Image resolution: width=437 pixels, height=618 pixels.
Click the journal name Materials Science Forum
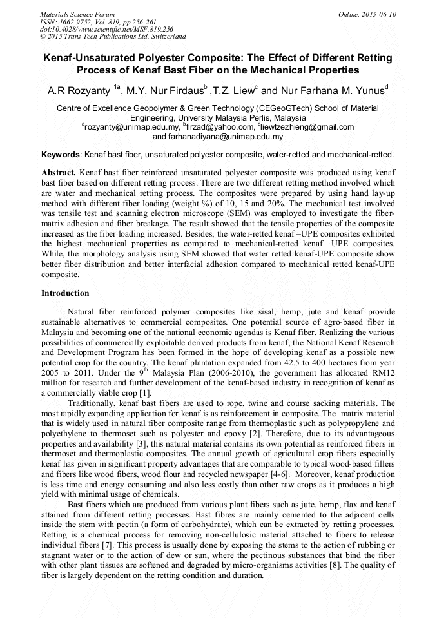click(77, 14)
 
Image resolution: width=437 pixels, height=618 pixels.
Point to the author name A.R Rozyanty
click(80, 90)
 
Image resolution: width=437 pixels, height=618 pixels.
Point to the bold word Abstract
click(59, 173)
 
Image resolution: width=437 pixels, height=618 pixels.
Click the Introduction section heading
click(65, 293)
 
